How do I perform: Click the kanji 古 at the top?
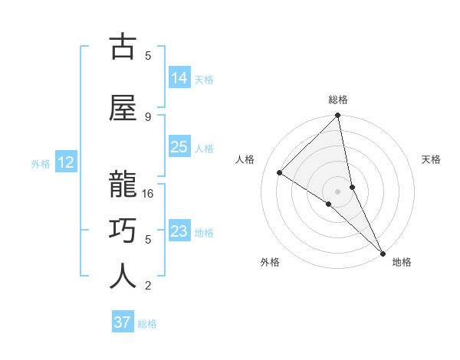coord(123,47)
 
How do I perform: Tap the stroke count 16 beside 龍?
coord(149,194)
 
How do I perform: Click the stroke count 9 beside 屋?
coord(148,116)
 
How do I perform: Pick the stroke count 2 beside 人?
coord(148,286)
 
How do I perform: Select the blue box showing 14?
coord(179,78)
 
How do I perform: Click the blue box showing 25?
coord(179,147)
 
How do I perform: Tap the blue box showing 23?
coord(179,231)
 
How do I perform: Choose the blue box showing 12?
coord(66,162)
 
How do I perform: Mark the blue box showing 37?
coord(123,322)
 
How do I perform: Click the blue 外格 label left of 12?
coord(41,163)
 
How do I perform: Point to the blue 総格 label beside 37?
coord(148,324)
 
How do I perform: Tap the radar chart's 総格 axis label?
coord(338,100)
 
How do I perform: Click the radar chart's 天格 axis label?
coord(432,159)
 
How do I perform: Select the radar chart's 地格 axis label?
coord(402,262)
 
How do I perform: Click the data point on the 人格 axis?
coord(280,173)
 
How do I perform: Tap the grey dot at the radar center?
coord(337,191)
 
